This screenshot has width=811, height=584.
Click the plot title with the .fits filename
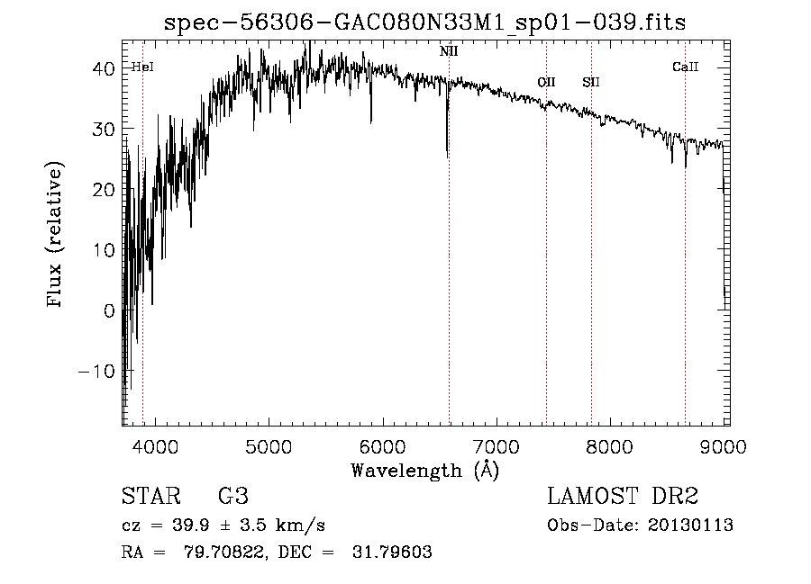point(424,22)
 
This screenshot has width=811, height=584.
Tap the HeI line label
point(142,67)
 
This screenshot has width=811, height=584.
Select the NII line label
point(449,51)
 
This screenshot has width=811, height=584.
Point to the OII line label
point(546,83)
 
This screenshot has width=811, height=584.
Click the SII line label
point(591,83)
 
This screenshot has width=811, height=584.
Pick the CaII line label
point(686,67)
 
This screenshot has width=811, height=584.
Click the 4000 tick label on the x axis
point(155,447)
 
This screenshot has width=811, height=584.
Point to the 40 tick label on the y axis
point(105,68)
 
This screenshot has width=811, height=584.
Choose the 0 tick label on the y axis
point(110,310)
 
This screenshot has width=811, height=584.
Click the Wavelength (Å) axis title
point(424,470)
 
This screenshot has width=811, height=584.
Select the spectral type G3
point(232,497)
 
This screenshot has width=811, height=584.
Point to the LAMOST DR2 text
point(623,497)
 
